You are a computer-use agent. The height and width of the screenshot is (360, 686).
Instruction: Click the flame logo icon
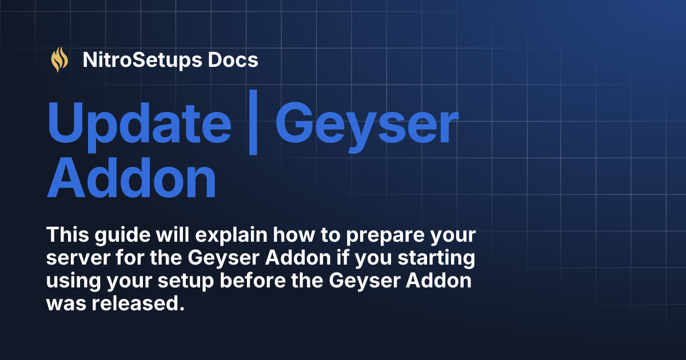[x=59, y=60]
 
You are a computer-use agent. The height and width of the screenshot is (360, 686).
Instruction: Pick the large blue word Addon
[x=131, y=178]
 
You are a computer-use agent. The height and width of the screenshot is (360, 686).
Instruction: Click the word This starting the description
[x=66, y=235]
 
